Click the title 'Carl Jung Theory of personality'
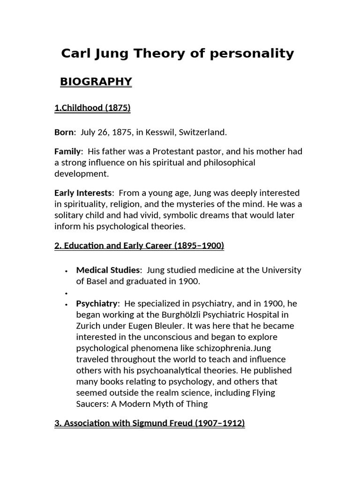177,53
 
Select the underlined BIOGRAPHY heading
96,82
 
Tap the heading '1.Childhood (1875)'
92,108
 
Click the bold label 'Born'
64,132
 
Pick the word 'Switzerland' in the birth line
202,132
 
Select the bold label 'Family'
68,151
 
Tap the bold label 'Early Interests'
83,193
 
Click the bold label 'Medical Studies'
108,270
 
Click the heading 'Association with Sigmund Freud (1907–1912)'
150,423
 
